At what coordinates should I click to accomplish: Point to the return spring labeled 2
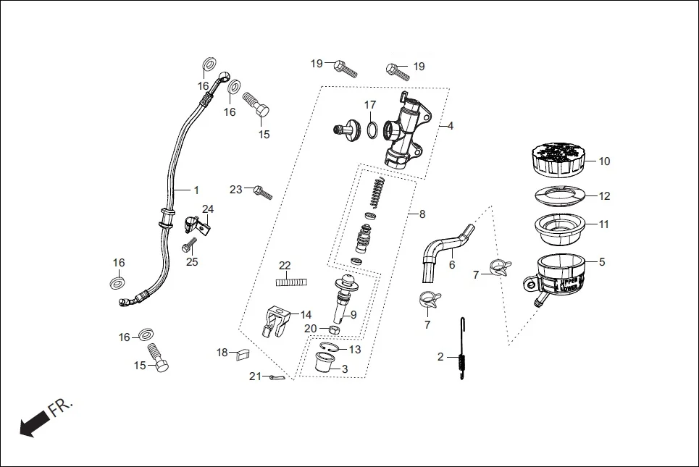461,350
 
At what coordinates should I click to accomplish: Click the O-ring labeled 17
371,130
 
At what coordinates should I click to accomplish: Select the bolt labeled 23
262,191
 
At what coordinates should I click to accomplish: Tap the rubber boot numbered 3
324,363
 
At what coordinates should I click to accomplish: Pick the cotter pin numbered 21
274,376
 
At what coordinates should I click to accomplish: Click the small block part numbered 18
243,353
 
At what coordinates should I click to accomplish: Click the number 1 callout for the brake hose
196,190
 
